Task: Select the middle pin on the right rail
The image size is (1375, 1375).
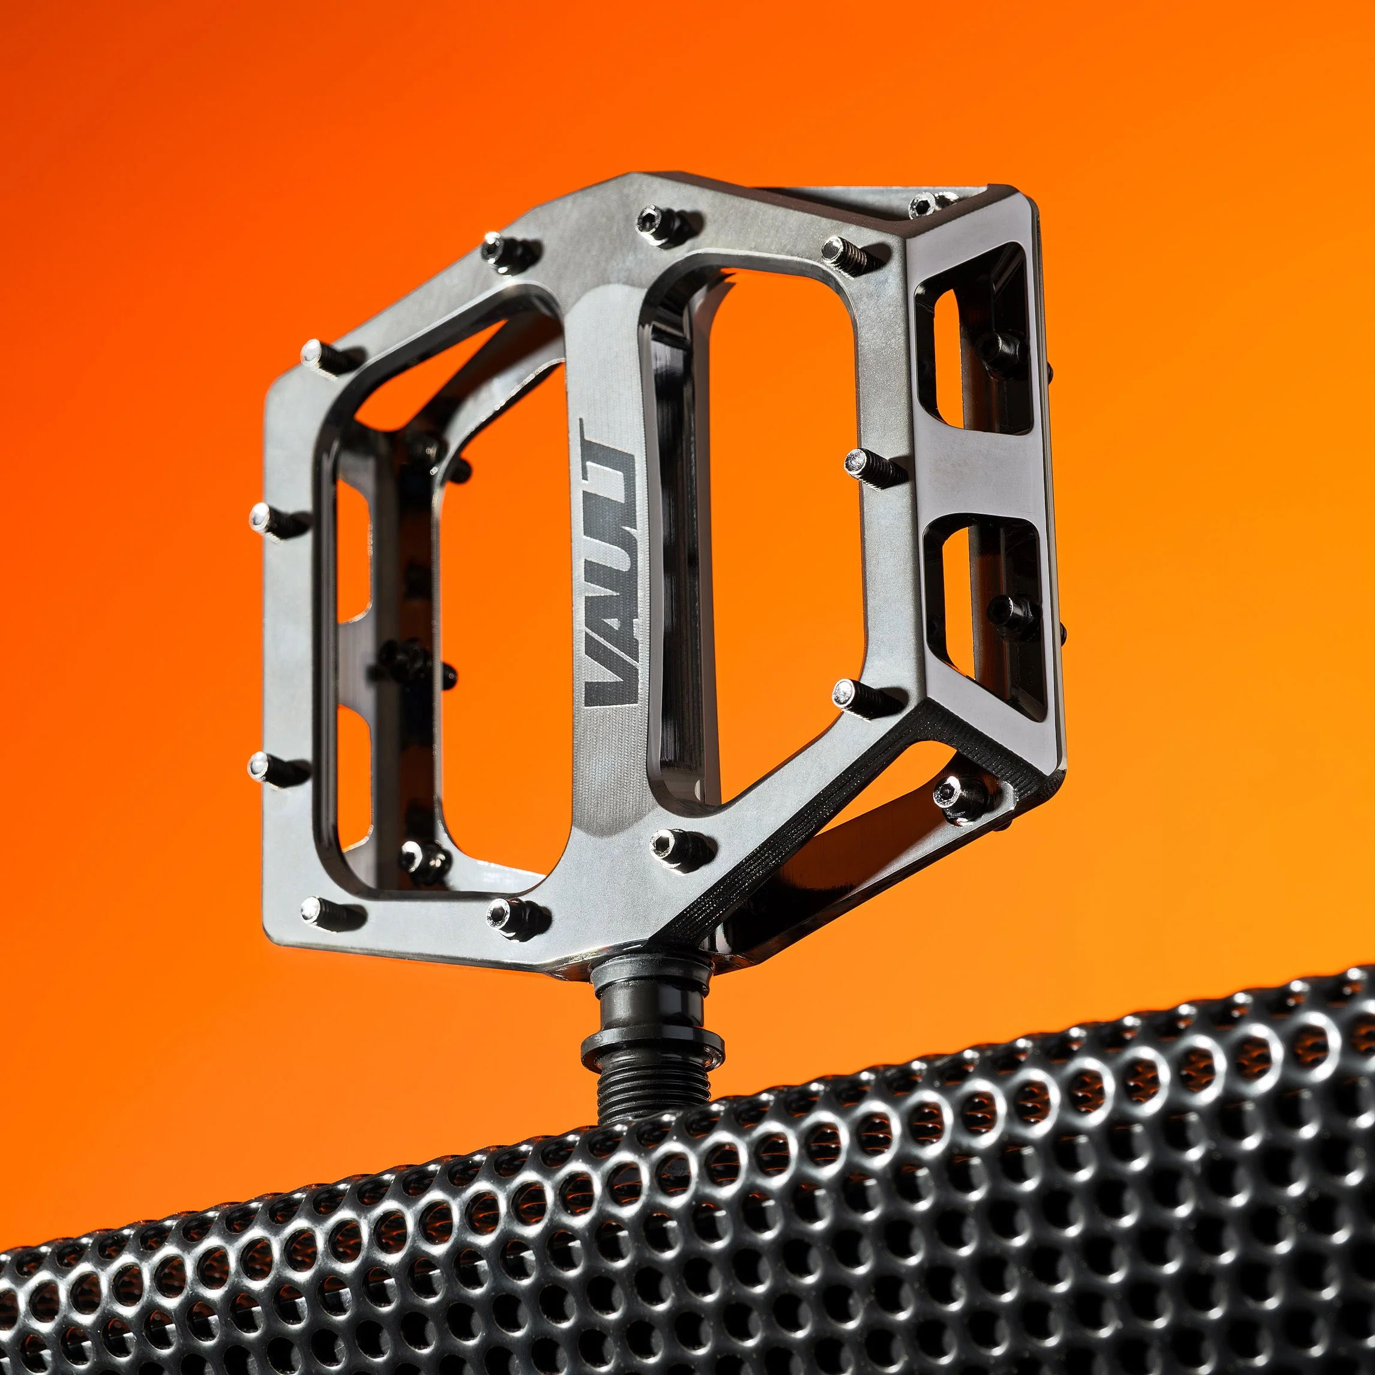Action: coord(858,463)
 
